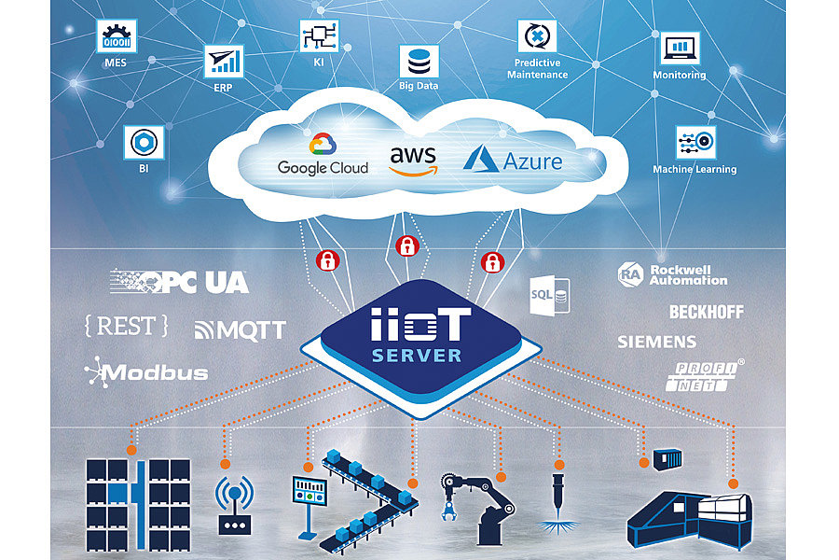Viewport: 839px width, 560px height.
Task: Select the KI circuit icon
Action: (x=314, y=36)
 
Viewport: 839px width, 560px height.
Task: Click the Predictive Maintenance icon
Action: (x=537, y=37)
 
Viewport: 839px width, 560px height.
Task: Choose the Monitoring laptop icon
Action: (x=680, y=48)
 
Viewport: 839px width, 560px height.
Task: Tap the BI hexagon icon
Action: (x=143, y=143)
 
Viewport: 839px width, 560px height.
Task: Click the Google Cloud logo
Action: (x=323, y=155)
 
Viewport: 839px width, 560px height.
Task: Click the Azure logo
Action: (x=514, y=158)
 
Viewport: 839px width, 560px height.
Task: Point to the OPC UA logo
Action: (x=181, y=282)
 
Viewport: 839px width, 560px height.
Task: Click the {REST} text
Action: (x=126, y=326)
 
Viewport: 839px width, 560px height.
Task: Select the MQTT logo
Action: (x=240, y=329)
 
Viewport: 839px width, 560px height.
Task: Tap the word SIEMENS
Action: (x=656, y=342)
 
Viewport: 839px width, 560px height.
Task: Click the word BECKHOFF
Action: (x=706, y=312)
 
